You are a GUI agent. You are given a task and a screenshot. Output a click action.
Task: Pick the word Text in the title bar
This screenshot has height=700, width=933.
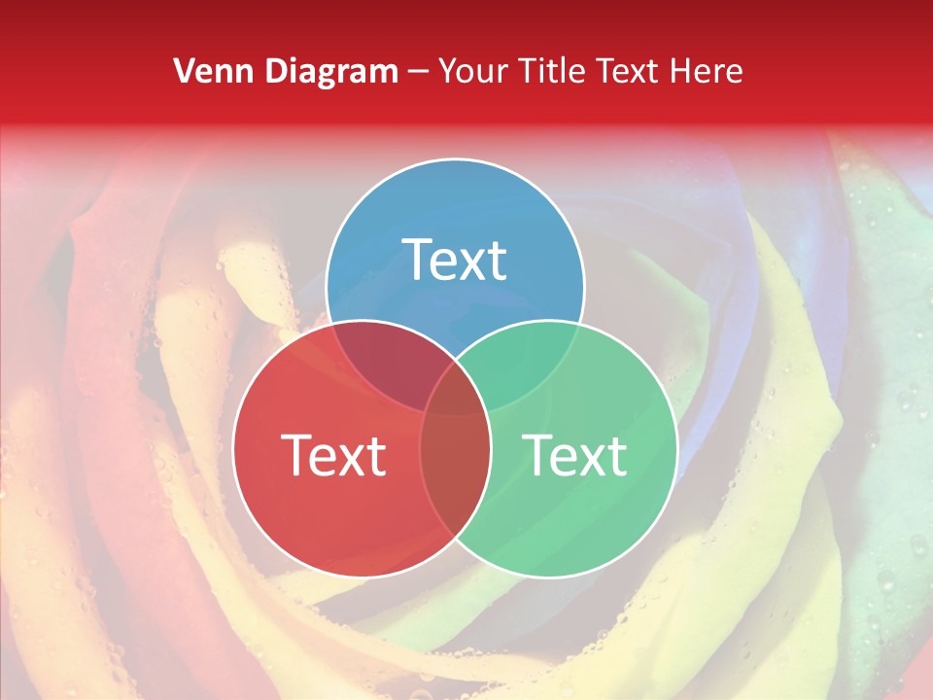pyautogui.click(x=632, y=71)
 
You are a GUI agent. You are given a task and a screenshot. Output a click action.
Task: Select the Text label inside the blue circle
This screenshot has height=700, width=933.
pyautogui.click(x=455, y=260)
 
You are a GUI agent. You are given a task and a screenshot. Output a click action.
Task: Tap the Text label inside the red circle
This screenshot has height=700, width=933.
pyautogui.click(x=333, y=455)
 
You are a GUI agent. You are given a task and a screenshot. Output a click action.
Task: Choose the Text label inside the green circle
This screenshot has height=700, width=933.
pyautogui.click(x=575, y=455)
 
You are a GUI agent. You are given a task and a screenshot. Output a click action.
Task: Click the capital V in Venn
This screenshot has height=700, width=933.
pyautogui.click(x=184, y=71)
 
